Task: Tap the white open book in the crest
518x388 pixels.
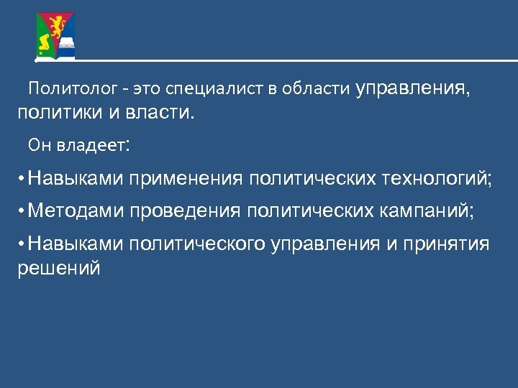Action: pyautogui.click(x=66, y=45)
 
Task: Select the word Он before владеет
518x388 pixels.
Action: pyautogui.click(x=37, y=146)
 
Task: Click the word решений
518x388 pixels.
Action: pyautogui.click(x=58, y=269)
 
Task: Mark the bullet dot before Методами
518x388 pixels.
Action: pyautogui.click(x=23, y=211)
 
